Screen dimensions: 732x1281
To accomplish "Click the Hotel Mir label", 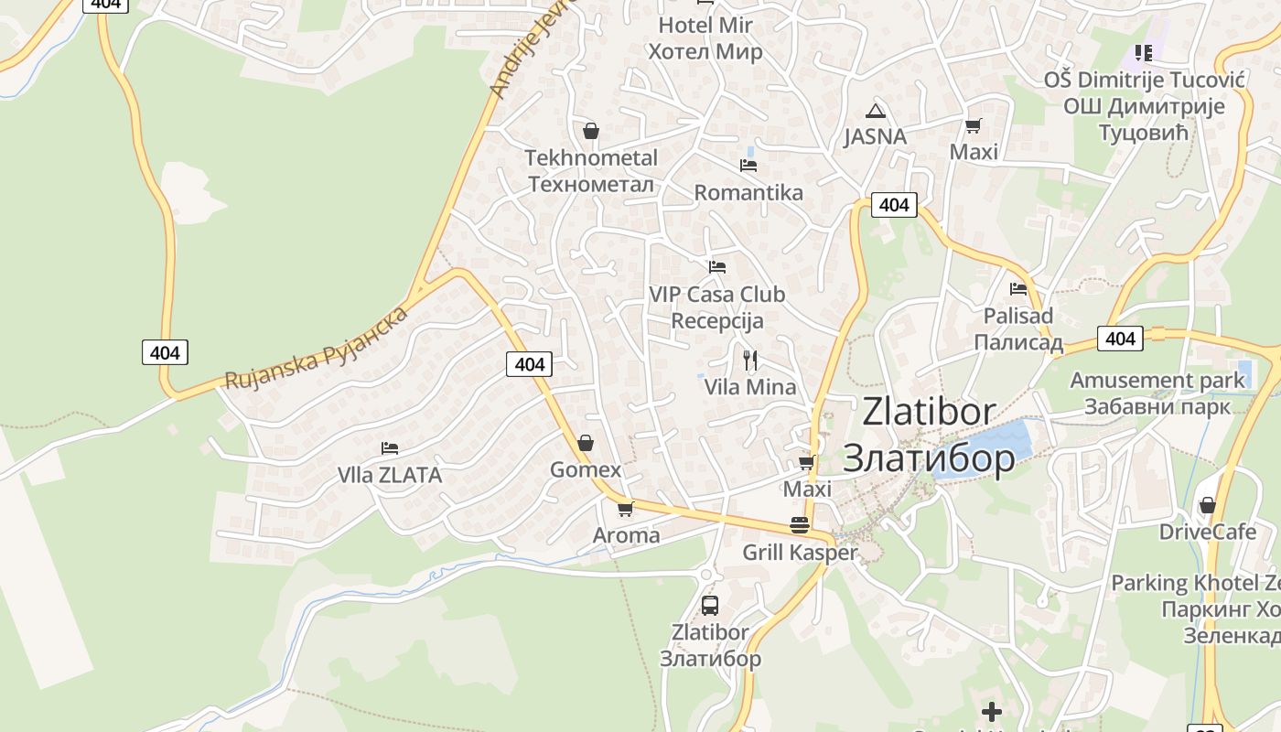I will (705, 38).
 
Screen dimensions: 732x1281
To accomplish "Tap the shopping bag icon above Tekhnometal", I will (591, 131).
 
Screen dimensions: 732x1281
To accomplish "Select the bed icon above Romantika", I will (748, 166).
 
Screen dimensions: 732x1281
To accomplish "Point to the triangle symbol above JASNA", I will (876, 111).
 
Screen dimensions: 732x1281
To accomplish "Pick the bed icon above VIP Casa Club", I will (717, 267).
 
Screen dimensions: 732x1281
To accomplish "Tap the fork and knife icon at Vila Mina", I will (750, 360).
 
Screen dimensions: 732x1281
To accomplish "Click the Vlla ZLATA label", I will (390, 475).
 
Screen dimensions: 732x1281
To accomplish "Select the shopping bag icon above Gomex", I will (586, 444).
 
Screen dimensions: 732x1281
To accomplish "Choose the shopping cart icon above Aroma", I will (625, 509).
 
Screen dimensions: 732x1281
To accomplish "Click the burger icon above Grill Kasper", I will (800, 525).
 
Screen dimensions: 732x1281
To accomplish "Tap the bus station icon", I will (710, 605).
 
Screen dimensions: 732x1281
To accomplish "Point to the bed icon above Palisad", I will (1018, 289).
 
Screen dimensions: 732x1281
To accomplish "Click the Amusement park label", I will (1157, 393).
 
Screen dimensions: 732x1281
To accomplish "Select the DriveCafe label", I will (1208, 532).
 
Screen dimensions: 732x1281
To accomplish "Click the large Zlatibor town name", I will (929, 435).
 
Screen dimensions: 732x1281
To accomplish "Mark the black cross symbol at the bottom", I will (992, 711).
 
